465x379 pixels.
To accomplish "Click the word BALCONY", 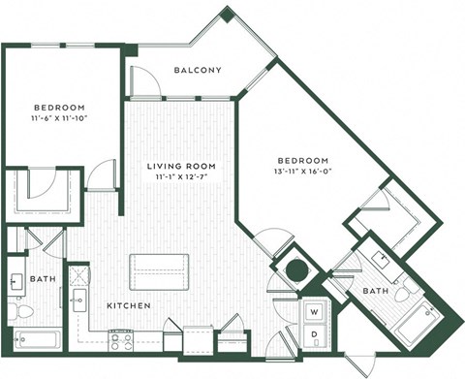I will coord(199,70).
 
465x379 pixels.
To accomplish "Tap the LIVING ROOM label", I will coord(181,166).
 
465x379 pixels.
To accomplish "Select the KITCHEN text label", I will coord(128,305).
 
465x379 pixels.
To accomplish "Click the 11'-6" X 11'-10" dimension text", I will coord(60,118).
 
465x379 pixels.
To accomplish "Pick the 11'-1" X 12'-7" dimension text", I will coord(181,177).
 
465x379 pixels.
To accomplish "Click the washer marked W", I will coord(315,312).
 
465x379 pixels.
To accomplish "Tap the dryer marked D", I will coord(315,334).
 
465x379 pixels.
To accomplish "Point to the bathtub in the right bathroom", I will coord(423,317).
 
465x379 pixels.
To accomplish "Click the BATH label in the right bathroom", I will coord(375,291).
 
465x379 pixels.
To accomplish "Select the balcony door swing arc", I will coord(144,83).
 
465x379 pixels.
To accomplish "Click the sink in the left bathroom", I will coord(16,282).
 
